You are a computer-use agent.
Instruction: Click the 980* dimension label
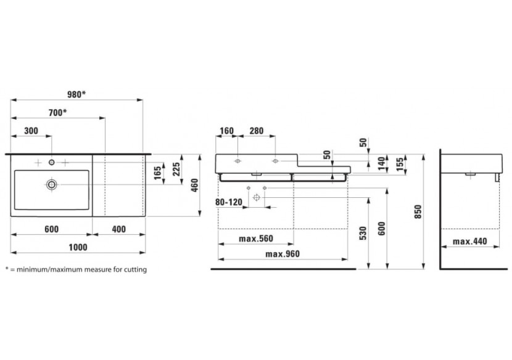coord(76,94)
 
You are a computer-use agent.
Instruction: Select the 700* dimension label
coord(57,113)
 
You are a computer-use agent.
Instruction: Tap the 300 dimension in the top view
coord(31,131)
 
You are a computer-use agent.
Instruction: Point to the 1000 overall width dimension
coord(78,247)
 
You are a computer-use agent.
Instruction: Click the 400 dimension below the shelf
coord(118,229)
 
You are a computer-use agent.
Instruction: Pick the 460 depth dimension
coord(194,185)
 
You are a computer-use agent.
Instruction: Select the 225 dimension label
coord(176,169)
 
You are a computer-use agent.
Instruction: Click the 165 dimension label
coord(158,173)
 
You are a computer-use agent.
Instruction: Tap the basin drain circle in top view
coord(52,185)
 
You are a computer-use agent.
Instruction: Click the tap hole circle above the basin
coord(52,162)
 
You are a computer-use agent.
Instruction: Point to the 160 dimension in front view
coord(226,131)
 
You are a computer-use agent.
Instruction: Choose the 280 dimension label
coord(257,131)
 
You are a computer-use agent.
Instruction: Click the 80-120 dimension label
coord(229,202)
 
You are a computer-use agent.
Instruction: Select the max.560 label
coord(255,239)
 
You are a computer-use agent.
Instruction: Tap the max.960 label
coord(283,254)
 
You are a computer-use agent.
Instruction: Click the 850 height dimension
coord(418,212)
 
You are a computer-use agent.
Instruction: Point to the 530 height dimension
coord(363,233)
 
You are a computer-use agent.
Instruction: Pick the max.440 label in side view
coord(470,242)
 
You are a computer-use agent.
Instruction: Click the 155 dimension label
coord(400,163)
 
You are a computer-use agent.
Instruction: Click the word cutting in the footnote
coord(135,270)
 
